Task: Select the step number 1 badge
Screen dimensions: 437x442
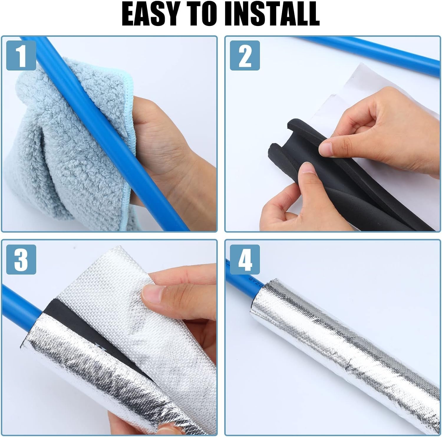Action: [x=21, y=55]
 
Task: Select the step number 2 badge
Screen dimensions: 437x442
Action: [x=245, y=55]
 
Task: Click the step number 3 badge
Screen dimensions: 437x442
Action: [x=21, y=259]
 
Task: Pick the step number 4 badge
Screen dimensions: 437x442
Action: [x=245, y=259]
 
